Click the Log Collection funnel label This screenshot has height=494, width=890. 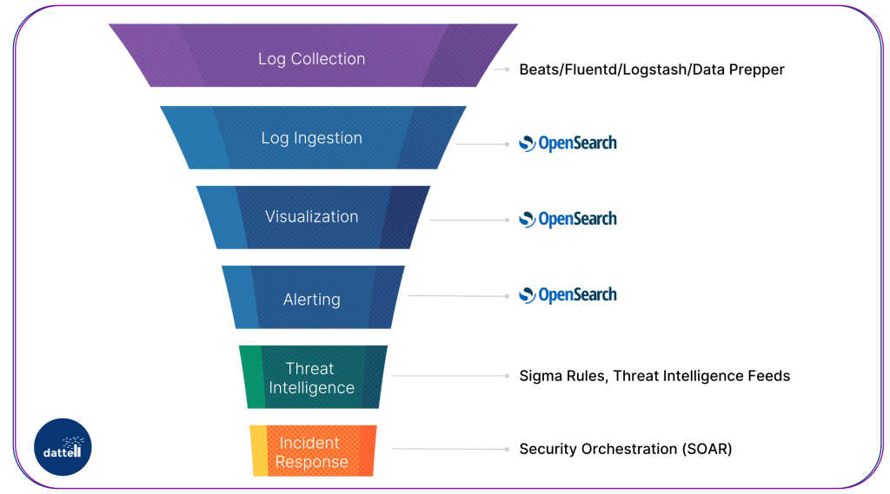click(311, 59)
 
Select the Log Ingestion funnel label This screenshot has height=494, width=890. click(311, 138)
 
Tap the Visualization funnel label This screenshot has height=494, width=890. click(311, 217)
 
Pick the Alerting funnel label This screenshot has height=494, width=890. click(311, 300)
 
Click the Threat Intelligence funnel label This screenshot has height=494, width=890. click(311, 379)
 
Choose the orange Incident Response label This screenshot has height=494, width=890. click(311, 453)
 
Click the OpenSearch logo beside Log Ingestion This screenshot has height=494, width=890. click(568, 143)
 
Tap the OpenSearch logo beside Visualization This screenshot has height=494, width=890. click(568, 219)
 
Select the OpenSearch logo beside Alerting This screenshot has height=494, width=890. click(568, 295)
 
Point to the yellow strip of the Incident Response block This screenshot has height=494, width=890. click(258, 451)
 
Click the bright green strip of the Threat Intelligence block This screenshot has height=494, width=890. click(252, 377)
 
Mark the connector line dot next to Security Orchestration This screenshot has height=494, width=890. click(506, 449)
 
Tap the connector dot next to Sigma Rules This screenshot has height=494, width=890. click(506, 376)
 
